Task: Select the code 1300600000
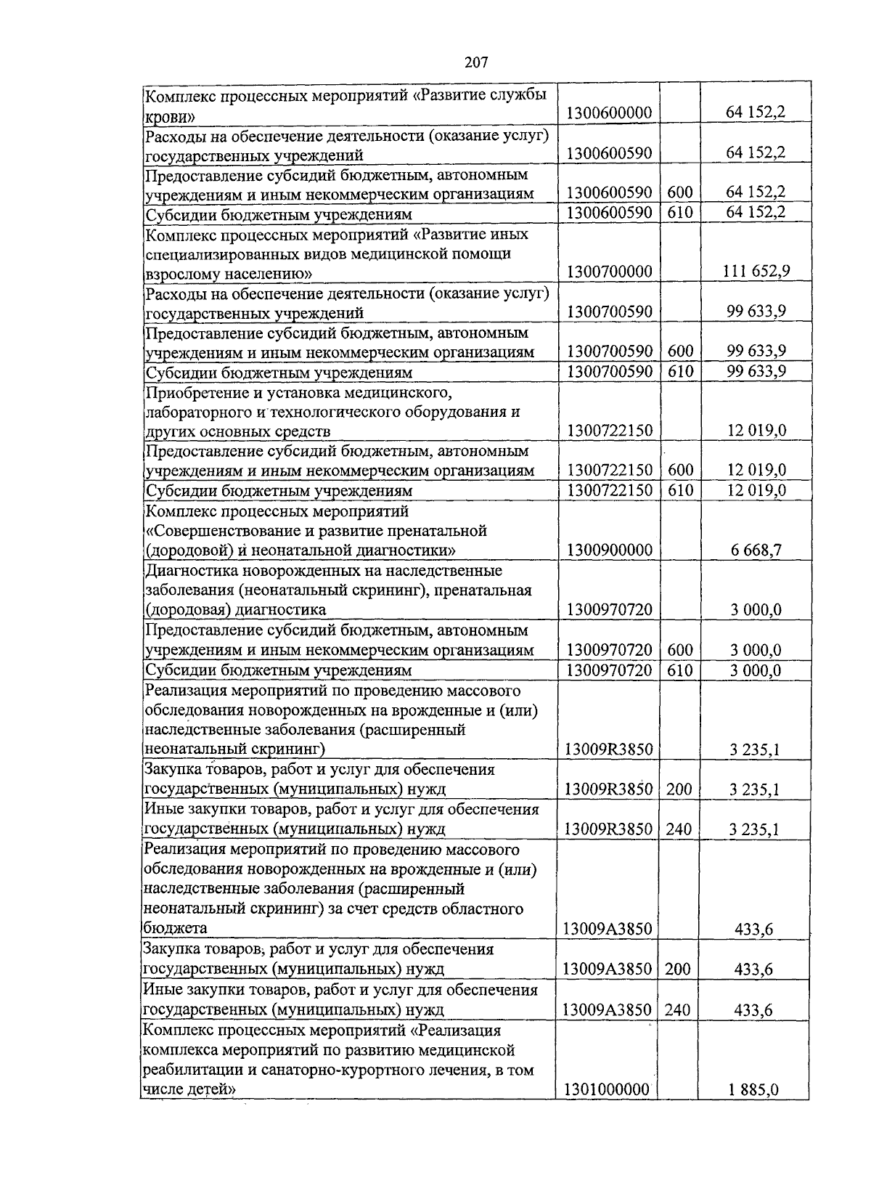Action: (609, 113)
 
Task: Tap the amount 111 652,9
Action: (756, 272)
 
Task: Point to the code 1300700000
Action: (609, 272)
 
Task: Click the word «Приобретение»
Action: (191, 393)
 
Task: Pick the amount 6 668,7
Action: (756, 550)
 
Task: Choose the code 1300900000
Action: (609, 550)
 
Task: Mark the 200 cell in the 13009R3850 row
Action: (679, 789)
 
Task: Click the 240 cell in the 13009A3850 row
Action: (677, 1009)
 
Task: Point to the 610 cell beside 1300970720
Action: (679, 670)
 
